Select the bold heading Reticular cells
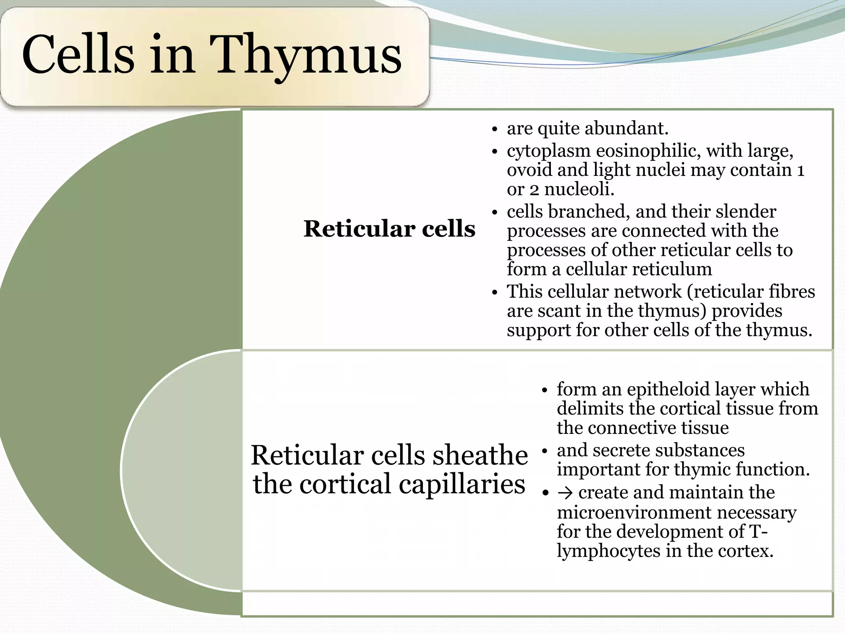[389, 229]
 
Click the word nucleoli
[579, 189]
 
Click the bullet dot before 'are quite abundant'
[495, 130]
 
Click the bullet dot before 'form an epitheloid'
[545, 390]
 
